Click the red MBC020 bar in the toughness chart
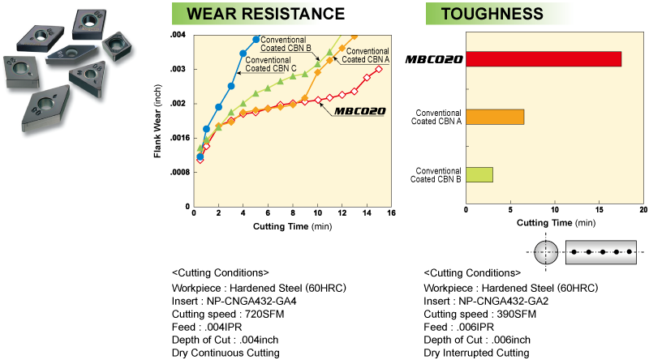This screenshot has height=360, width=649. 544,58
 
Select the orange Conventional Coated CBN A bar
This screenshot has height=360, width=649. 495,117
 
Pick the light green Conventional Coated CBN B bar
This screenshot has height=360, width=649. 479,174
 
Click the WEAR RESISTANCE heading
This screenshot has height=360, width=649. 265,14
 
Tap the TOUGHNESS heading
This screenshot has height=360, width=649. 492,14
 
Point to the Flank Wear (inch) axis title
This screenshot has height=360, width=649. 157,122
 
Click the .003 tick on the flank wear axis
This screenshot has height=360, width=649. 178,69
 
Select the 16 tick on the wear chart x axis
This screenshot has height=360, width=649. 391,212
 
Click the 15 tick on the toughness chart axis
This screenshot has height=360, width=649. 599,210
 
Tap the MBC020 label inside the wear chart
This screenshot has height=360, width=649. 359,111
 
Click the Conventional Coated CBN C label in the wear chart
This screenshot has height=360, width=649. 271,64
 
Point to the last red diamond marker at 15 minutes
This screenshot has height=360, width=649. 379,69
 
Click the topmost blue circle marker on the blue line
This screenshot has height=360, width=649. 256,39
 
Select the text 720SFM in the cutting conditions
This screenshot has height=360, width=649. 264,314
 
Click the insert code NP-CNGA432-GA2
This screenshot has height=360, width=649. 503,302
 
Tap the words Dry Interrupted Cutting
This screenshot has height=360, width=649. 476,353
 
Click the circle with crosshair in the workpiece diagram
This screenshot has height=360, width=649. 546,251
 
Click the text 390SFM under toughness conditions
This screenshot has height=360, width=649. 516,314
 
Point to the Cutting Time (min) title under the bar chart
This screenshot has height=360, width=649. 556,223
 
